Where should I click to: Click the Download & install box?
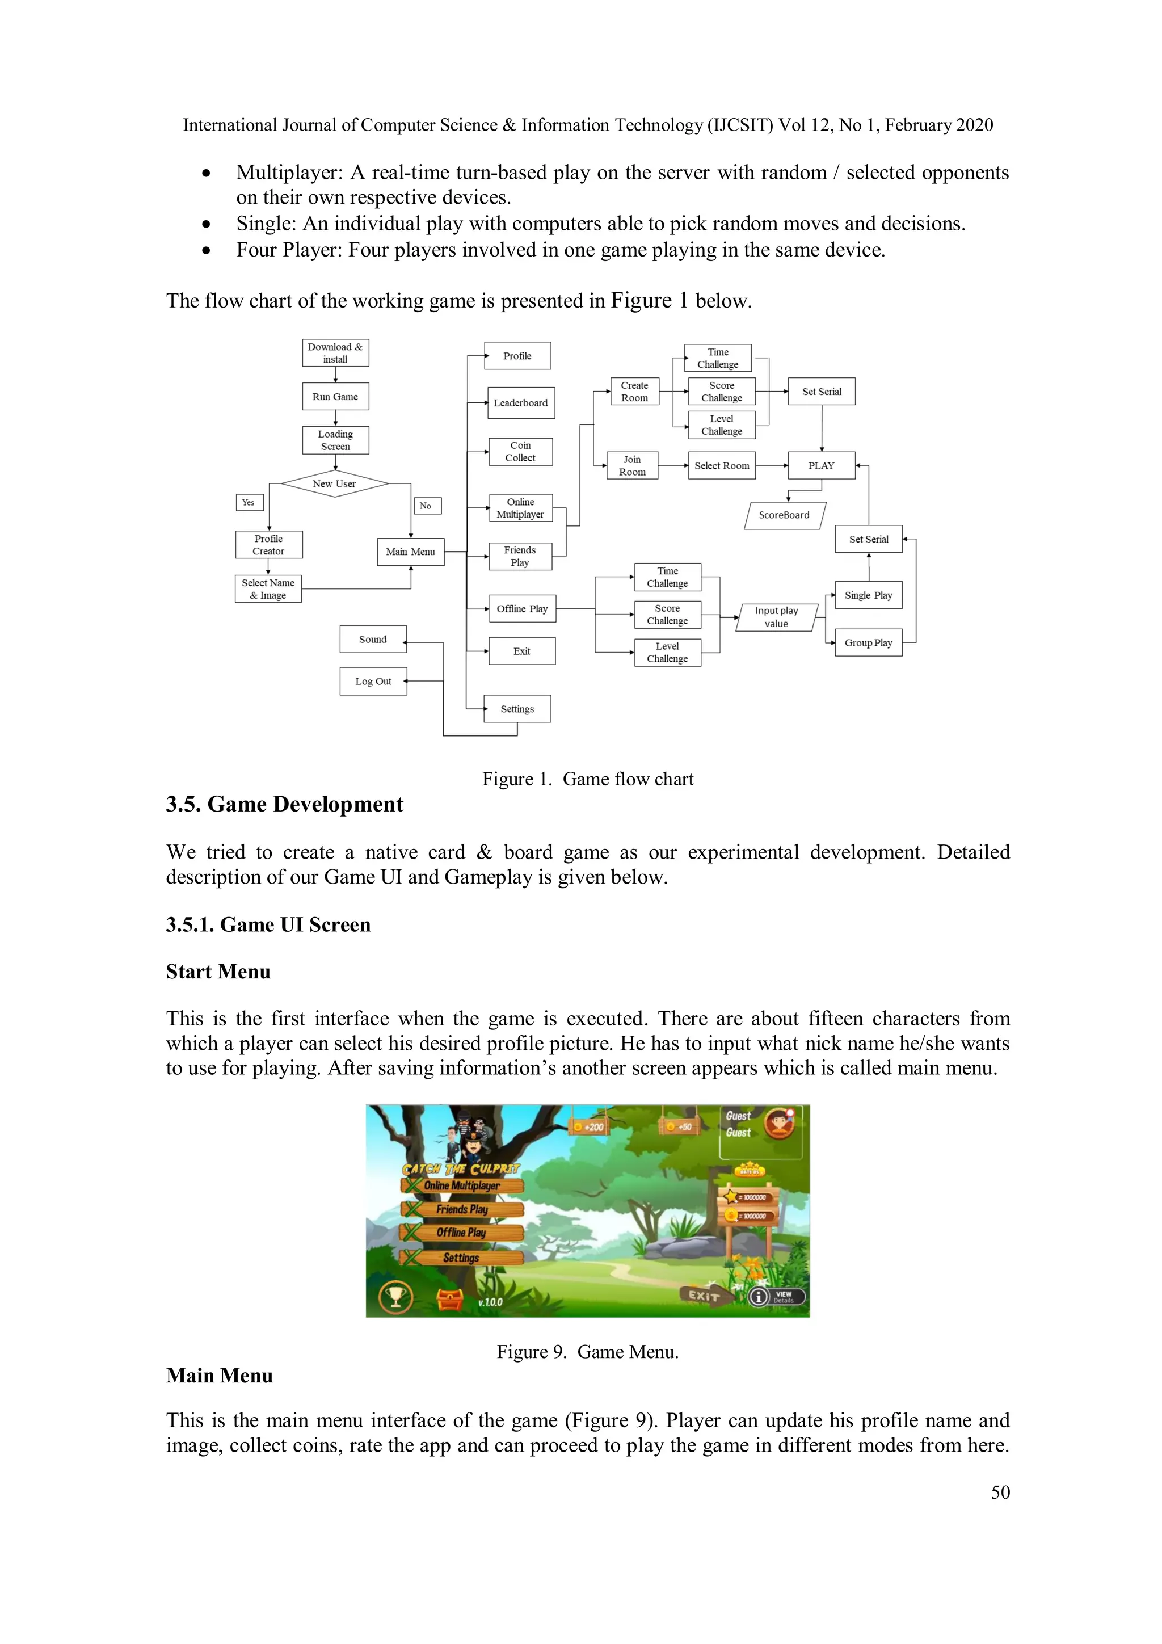click(x=335, y=353)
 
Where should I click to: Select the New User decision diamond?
click(x=334, y=484)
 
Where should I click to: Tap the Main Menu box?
click(x=410, y=552)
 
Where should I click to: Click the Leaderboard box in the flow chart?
click(x=520, y=403)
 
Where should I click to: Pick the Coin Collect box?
click(x=520, y=452)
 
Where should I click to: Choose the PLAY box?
click(x=821, y=465)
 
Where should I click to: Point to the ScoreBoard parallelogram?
click(x=785, y=515)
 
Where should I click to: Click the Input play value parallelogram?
click(x=776, y=617)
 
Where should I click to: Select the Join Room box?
click(x=632, y=465)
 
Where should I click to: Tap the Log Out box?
click(x=373, y=682)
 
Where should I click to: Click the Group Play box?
click(x=869, y=643)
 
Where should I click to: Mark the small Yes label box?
click(x=249, y=503)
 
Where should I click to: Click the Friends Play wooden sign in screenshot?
click(x=462, y=1209)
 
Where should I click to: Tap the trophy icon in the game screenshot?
click(x=396, y=1297)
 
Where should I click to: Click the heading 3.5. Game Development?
click(x=285, y=805)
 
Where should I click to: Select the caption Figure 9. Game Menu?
click(x=588, y=1352)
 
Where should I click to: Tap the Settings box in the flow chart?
click(x=517, y=709)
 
